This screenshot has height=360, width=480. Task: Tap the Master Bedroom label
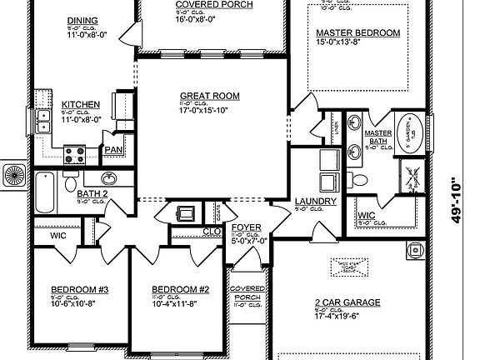tap(357, 34)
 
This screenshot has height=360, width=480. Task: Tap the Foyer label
tap(246, 227)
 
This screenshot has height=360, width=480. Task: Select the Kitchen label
tap(81, 104)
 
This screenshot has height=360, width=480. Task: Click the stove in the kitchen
tap(74, 153)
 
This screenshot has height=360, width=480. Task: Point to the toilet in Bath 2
tap(72, 182)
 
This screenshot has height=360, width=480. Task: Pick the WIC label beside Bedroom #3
tap(57, 236)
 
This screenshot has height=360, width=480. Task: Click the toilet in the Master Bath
tap(359, 179)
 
